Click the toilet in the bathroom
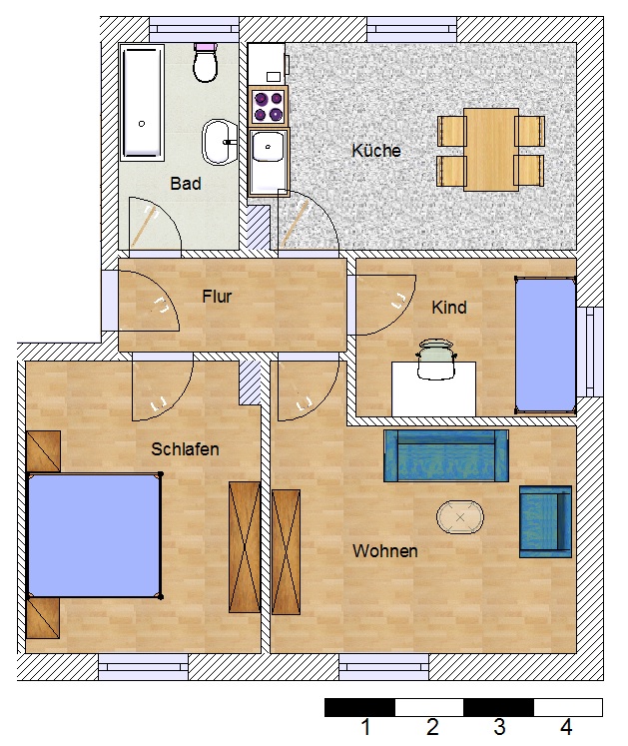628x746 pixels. click(x=206, y=63)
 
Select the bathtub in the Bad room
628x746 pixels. click(x=142, y=103)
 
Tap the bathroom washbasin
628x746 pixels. click(x=220, y=142)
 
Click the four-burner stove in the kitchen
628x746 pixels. click(x=269, y=107)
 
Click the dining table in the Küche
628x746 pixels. click(x=491, y=150)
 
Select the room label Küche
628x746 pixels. click(x=375, y=151)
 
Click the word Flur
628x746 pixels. click(x=217, y=297)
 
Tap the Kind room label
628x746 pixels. click(x=449, y=308)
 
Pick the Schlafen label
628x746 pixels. click(x=185, y=449)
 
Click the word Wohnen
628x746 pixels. click(x=385, y=551)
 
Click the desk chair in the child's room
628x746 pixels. click(x=436, y=360)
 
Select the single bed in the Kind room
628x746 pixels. click(x=545, y=345)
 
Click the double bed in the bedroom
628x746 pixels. click(x=94, y=535)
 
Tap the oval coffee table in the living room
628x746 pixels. click(x=460, y=517)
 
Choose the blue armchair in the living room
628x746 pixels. click(x=545, y=521)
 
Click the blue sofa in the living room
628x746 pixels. click(x=446, y=455)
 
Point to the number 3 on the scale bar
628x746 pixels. click(x=499, y=727)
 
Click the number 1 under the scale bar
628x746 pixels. click(x=365, y=727)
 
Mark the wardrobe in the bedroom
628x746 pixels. click(x=245, y=547)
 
